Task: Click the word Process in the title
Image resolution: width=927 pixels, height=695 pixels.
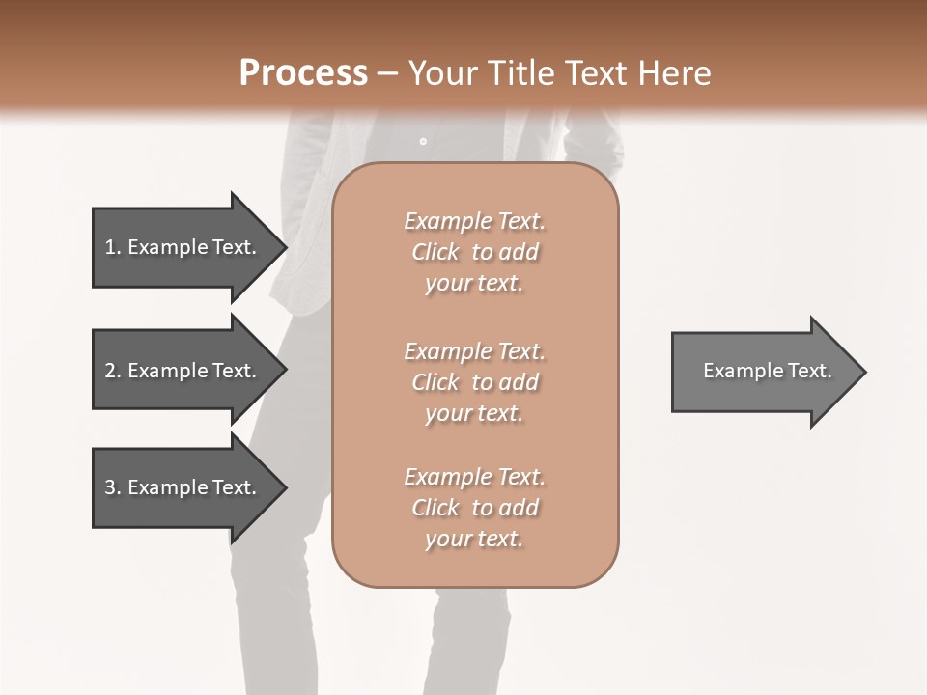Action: (303, 73)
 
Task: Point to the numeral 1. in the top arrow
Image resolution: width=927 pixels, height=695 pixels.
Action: (113, 247)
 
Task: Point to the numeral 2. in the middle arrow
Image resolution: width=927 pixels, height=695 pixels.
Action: (113, 371)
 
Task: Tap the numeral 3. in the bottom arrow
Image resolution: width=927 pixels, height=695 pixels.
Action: (113, 487)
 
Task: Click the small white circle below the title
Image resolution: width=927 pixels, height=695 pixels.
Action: (423, 142)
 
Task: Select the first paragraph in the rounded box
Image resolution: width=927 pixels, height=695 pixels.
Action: (475, 252)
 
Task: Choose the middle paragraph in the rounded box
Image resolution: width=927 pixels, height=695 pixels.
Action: (475, 382)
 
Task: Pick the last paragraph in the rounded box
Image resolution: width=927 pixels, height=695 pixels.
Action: (475, 508)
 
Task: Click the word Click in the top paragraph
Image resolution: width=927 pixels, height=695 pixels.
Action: (435, 252)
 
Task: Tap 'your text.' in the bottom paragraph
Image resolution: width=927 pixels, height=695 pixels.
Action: (474, 539)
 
